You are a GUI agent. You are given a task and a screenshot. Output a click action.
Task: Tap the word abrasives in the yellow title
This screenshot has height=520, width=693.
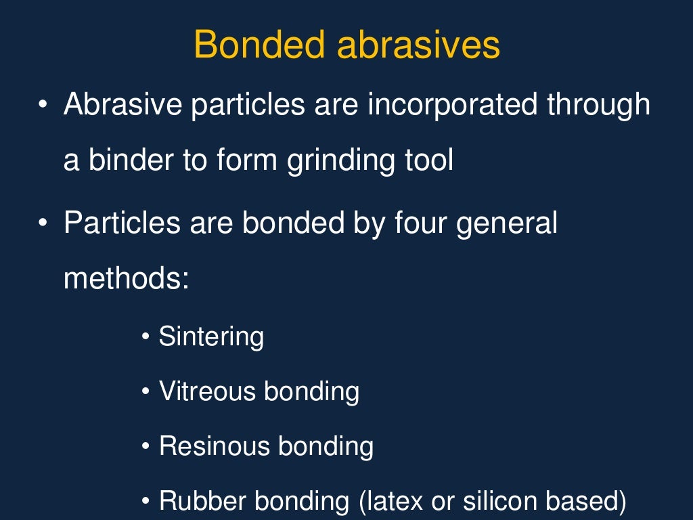(418, 45)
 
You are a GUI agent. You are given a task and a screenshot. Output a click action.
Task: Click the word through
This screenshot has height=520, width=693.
(598, 106)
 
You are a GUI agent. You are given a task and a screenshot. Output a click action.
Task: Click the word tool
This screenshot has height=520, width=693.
(428, 161)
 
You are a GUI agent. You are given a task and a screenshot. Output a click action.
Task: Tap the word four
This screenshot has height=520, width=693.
(422, 223)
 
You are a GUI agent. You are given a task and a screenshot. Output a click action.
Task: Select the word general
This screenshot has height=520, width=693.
(507, 224)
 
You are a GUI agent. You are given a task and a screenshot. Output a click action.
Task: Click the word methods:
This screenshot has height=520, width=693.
(126, 278)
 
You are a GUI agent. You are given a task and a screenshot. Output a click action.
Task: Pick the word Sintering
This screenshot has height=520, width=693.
(211, 337)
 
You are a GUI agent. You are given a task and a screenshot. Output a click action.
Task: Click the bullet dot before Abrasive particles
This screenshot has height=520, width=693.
(43, 106)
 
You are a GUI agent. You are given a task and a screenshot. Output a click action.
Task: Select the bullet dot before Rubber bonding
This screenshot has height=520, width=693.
(146, 502)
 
